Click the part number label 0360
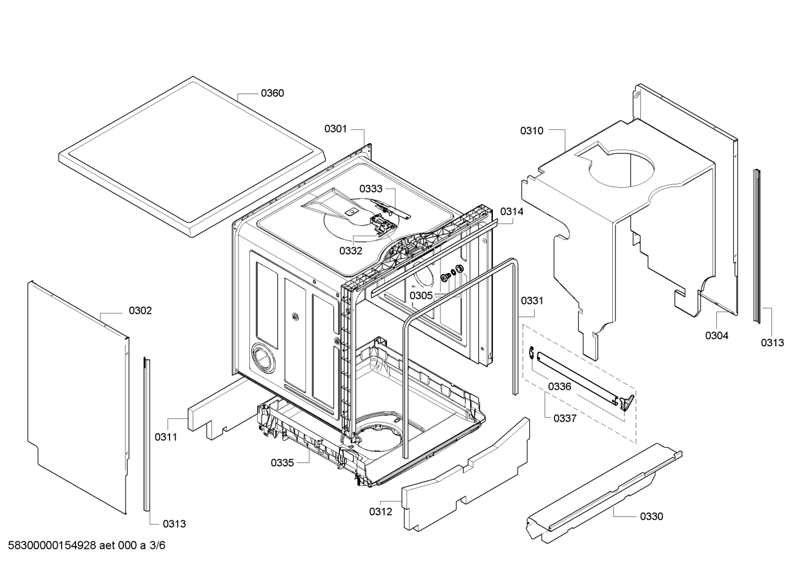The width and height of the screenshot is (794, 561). (x=272, y=93)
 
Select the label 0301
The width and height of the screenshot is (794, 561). (x=336, y=129)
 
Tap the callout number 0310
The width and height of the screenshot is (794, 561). (x=532, y=131)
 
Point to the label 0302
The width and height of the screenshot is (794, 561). (x=140, y=311)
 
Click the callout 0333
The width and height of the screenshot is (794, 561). (x=371, y=188)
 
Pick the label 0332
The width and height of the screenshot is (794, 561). (x=351, y=250)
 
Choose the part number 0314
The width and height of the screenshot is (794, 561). (x=512, y=211)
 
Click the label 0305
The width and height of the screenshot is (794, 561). (x=421, y=295)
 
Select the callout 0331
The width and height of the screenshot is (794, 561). (x=532, y=301)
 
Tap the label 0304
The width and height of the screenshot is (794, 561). (x=717, y=335)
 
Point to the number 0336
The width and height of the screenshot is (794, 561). (x=559, y=386)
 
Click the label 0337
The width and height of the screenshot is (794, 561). (x=565, y=418)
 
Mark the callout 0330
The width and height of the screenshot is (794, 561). (x=651, y=516)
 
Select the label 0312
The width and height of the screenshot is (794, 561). (x=380, y=511)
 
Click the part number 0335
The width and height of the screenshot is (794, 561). (x=282, y=462)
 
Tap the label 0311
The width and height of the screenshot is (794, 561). (x=166, y=437)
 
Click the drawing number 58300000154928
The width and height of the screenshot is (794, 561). (x=52, y=545)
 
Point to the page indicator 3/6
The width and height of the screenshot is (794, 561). (x=157, y=545)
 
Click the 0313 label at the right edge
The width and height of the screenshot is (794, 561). (x=773, y=342)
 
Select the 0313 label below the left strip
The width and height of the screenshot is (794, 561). (x=174, y=524)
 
